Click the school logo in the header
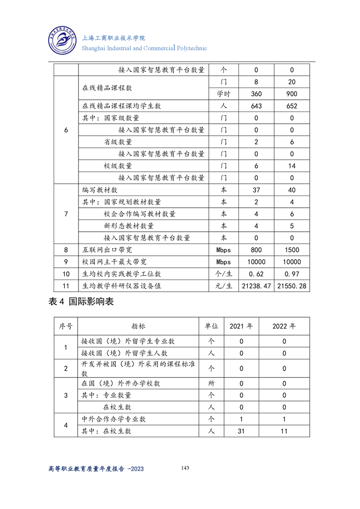[x=62, y=41]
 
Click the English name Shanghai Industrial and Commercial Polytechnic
[x=144, y=48]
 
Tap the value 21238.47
[x=256, y=286]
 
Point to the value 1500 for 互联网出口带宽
[x=292, y=250]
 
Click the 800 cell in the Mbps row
[x=256, y=250]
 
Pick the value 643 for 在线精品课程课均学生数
[x=256, y=106]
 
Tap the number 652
[x=292, y=106]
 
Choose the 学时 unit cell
[x=223, y=94]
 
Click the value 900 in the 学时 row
[x=292, y=94]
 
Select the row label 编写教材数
[x=100, y=190]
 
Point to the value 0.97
[x=292, y=274]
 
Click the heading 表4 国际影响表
[x=81, y=302]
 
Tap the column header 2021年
[x=241, y=326]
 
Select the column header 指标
[x=138, y=326]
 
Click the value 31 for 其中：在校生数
[x=241, y=431]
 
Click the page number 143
[x=185, y=468]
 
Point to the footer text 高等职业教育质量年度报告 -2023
[x=96, y=469]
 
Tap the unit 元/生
[x=223, y=286]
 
